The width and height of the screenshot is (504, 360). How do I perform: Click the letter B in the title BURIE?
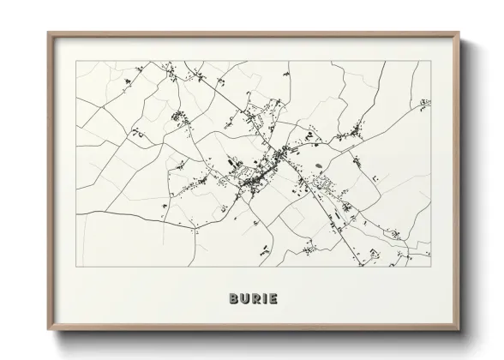point(234,299)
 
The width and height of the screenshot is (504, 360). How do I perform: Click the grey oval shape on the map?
point(319,165)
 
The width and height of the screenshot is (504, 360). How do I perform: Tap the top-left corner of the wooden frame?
point(48,33)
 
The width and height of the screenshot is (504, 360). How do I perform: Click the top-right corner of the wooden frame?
point(457,33)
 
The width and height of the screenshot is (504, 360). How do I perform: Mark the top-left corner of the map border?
point(76,61)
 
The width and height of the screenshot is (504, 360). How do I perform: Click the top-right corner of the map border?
point(429,61)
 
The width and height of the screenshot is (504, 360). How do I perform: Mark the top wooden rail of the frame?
point(252,34)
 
